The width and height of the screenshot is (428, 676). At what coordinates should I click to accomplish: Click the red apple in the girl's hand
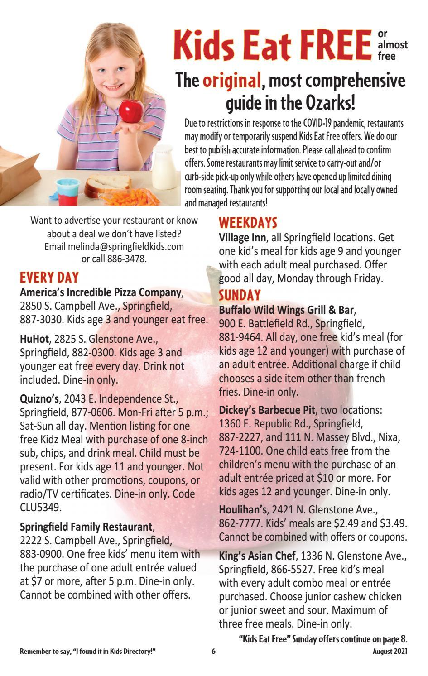[131, 112]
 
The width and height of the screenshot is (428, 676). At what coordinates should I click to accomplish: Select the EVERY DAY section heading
[49, 277]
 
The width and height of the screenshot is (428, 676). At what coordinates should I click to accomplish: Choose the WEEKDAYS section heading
[248, 223]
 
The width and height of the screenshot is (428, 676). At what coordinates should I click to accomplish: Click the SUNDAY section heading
[240, 295]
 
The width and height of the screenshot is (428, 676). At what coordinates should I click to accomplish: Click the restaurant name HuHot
[34, 339]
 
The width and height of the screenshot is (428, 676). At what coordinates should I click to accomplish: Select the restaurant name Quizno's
[39, 399]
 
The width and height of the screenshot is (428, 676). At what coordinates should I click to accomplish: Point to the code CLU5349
[40, 508]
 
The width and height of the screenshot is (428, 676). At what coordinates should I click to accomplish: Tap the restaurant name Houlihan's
[243, 510]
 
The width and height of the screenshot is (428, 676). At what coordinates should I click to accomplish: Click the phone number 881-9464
[240, 337]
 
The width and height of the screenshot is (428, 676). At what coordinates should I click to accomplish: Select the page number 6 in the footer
[213, 652]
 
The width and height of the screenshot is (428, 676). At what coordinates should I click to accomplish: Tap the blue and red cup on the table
[68, 190]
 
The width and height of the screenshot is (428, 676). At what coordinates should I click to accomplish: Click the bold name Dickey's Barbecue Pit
[266, 410]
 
